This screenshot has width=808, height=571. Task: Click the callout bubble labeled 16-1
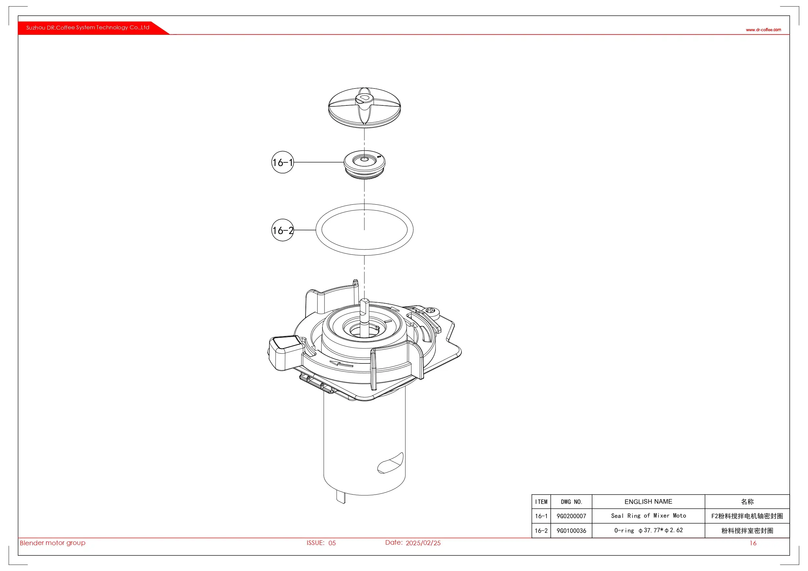[282, 162]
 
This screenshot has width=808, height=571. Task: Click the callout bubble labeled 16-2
[282, 230]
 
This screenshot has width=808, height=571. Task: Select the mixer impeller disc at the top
[364, 108]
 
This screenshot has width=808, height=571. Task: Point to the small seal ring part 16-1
[364, 165]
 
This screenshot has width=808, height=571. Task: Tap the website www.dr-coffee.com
[763, 30]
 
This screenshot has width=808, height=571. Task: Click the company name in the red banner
[88, 27]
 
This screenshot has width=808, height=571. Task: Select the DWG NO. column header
[571, 502]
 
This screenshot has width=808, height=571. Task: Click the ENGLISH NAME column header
[648, 501]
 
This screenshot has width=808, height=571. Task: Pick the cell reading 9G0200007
[571, 516]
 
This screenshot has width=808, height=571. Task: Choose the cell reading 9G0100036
[571, 531]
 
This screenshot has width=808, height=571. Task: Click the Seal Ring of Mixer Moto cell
[648, 516]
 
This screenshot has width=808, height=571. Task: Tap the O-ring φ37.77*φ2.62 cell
[648, 530]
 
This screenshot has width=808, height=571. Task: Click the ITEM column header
[541, 502]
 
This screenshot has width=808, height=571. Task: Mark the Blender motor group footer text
[52, 543]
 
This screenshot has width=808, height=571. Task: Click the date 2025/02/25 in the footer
[423, 543]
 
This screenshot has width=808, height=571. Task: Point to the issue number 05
[332, 543]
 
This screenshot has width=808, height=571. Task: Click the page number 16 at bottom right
[753, 543]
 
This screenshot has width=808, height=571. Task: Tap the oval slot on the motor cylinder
[390, 463]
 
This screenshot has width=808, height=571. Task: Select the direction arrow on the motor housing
[341, 364]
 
